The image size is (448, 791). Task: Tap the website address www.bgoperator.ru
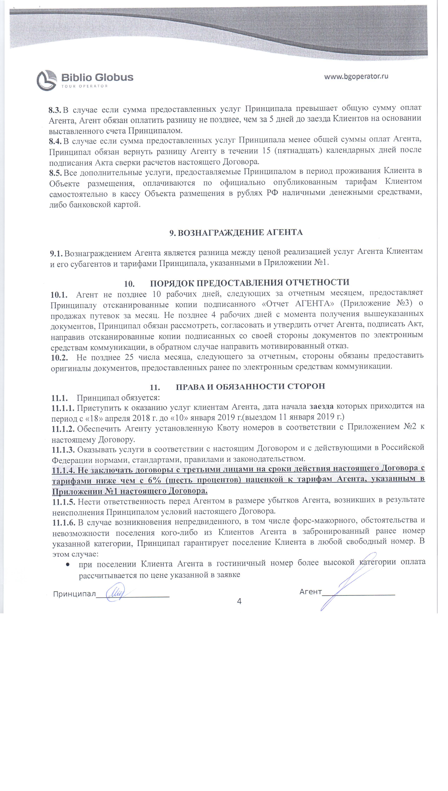tap(356, 76)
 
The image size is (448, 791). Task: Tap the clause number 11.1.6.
tap(64, 522)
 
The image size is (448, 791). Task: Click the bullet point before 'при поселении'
tap(67, 564)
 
